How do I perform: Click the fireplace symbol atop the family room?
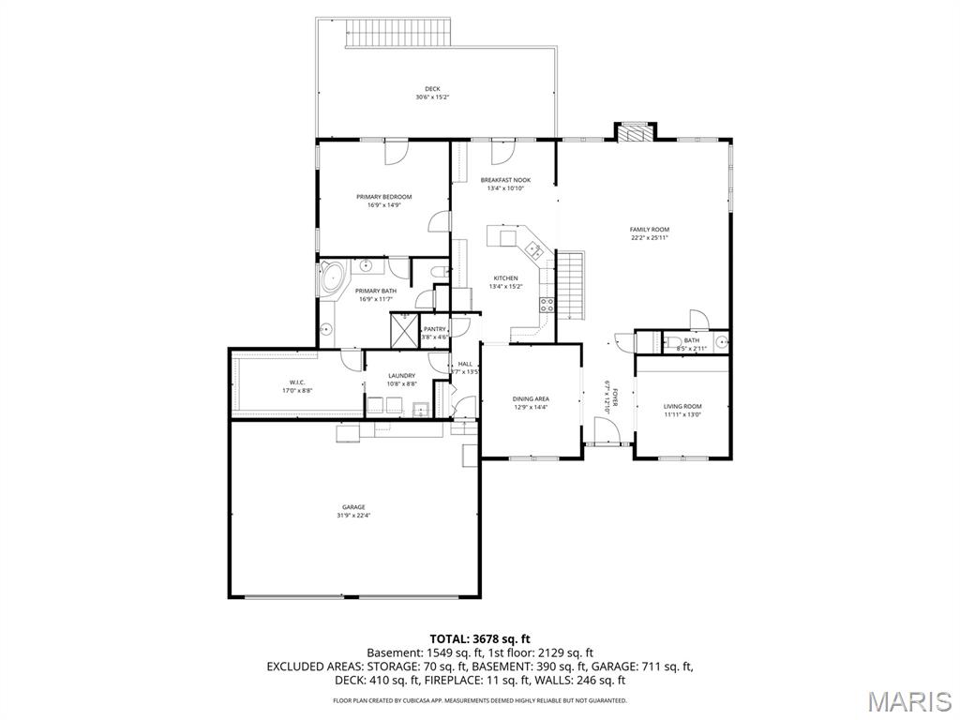click(636, 133)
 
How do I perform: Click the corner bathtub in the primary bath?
click(331, 277)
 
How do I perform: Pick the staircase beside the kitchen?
click(571, 284)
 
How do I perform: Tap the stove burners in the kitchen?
click(547, 304)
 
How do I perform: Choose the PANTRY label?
click(434, 329)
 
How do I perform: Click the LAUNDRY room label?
click(401, 376)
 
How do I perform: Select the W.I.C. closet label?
click(296, 382)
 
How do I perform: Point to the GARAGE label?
click(352, 507)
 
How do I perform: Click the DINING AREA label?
click(531, 398)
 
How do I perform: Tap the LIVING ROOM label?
click(682, 406)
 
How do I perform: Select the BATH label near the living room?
click(691, 340)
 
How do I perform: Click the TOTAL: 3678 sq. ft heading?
click(479, 639)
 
